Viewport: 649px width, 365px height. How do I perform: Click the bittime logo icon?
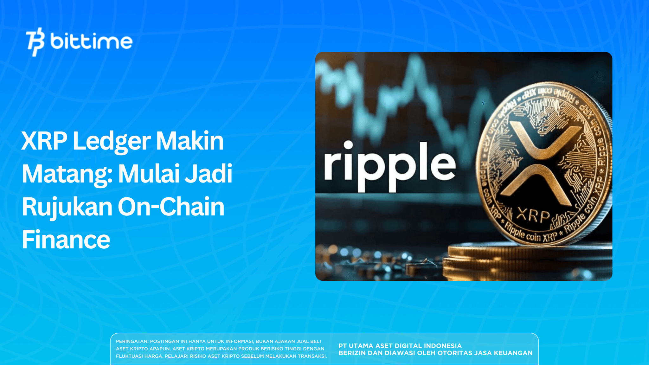[35, 42]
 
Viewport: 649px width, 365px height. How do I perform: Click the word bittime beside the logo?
[91, 42]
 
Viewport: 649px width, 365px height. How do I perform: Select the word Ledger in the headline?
[112, 141]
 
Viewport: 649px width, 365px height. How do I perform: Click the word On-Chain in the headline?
[171, 207]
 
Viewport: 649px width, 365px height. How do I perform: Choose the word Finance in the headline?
[66, 240]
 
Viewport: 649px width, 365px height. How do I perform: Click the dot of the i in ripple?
[348, 145]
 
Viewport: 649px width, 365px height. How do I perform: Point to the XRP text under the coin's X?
[533, 216]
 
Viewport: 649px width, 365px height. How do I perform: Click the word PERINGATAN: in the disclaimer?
[132, 342]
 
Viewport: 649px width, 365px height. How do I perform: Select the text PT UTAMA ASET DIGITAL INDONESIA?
[400, 346]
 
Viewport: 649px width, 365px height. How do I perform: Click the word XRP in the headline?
[44, 141]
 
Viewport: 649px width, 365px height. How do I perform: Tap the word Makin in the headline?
[190, 141]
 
